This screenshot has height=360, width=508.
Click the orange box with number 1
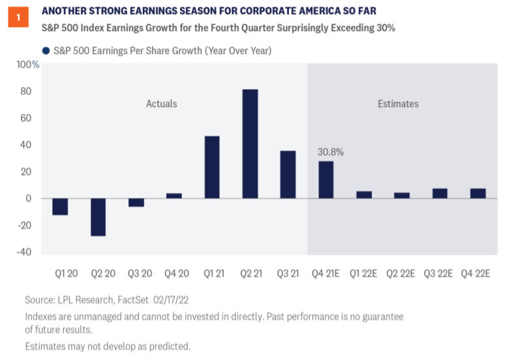coord(18,18)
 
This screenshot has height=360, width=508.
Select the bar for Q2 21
coord(250,143)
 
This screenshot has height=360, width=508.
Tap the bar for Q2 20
coord(98,217)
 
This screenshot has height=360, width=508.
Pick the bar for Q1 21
coord(212,167)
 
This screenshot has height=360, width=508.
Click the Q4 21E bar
coord(326,179)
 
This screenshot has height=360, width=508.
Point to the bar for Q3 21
coord(288,174)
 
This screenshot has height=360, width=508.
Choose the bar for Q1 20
coord(60,206)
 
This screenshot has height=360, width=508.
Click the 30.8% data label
coord(331,152)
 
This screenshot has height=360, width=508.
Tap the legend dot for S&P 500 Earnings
coord(46,50)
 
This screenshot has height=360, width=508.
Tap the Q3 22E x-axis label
coord(440,273)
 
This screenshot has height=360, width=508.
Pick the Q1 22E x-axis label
coord(364,273)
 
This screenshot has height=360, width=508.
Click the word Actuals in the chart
coord(161,104)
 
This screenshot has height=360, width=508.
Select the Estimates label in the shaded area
coord(398,104)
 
